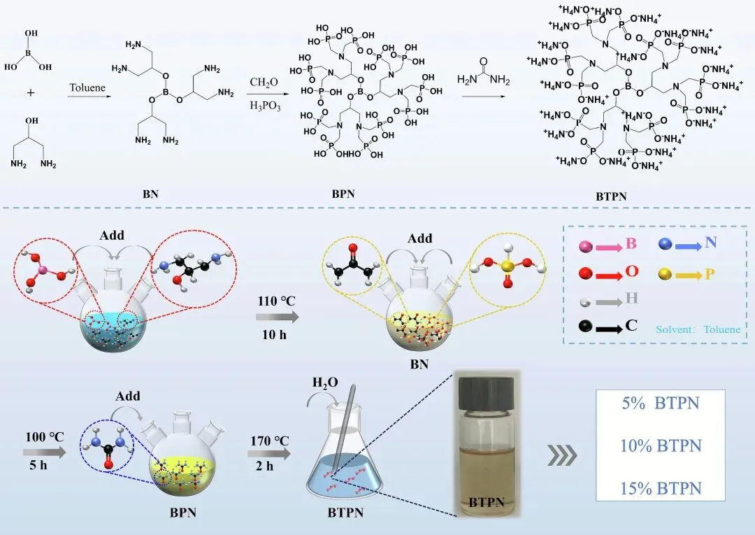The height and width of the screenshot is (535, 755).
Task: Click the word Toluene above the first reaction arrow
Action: [x=86, y=88]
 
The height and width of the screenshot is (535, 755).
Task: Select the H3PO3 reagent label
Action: [x=263, y=105]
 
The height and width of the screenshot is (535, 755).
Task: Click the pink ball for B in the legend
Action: [x=586, y=245]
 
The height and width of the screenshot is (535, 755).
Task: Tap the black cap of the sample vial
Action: [x=485, y=384]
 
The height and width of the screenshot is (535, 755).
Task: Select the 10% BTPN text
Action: [x=660, y=445]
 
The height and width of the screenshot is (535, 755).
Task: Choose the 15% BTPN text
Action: [x=660, y=487]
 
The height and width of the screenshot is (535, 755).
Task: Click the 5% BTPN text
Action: [x=660, y=403]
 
